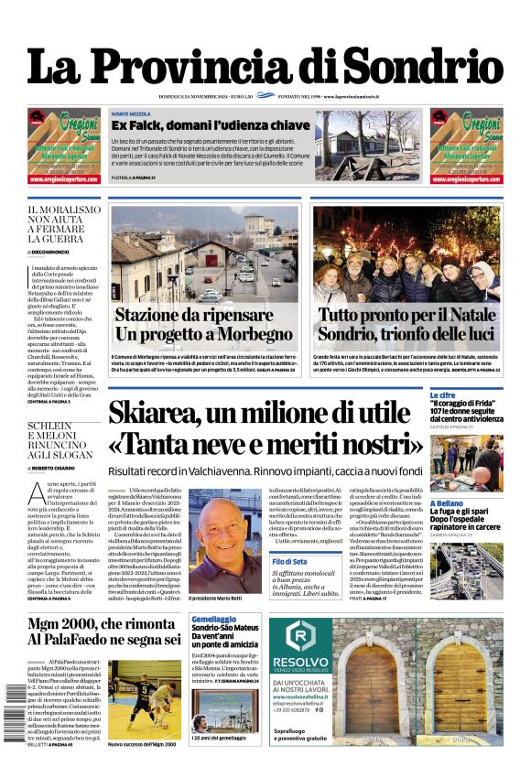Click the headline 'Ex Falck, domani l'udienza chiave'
(x=210, y=124)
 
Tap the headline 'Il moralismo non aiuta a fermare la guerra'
(x=64, y=223)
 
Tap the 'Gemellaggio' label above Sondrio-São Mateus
(x=213, y=620)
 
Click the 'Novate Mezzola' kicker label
(x=132, y=113)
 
